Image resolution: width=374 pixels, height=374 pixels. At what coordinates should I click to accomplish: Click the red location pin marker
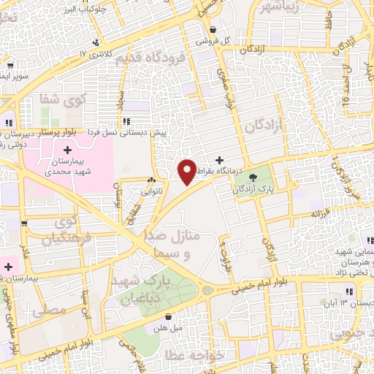pos(188,171)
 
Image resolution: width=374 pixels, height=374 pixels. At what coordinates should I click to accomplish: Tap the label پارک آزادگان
pos(253,188)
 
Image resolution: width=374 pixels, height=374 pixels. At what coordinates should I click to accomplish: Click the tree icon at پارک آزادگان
pos(253,176)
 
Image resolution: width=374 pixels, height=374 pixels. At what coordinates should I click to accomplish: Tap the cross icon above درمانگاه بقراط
pos(220,159)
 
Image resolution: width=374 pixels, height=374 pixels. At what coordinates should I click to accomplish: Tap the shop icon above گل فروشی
pos(213,30)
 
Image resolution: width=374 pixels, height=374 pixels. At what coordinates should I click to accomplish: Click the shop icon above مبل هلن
pos(169,317)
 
